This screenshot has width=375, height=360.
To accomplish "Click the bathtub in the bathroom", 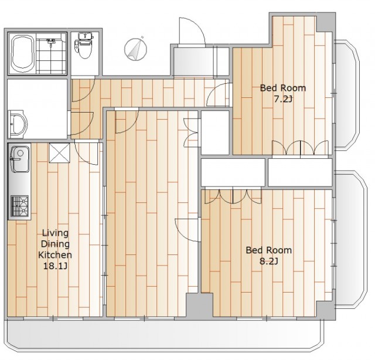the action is click(x=22, y=53).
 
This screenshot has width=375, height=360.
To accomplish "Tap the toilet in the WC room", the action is click(x=84, y=48).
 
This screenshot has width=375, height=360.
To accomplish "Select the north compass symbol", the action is click(x=135, y=49).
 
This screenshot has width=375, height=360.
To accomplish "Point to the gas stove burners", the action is click(x=19, y=206).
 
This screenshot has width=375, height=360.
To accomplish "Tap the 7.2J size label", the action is click(x=282, y=99).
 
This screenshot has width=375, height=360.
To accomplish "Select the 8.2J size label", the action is click(x=268, y=261).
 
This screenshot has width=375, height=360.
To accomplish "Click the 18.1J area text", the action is click(x=55, y=266).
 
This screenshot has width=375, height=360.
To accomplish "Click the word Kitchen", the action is click(x=55, y=254).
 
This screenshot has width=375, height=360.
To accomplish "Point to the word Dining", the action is click(x=55, y=244).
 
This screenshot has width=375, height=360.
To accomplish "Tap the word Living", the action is click(x=55, y=233).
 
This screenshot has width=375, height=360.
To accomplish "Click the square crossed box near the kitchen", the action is click(x=59, y=153).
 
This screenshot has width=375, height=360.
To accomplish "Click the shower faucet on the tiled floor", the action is click(x=50, y=42).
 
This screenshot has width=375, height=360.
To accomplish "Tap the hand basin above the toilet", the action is click(x=84, y=36).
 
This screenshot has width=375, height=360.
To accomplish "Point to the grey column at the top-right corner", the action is click(x=326, y=22).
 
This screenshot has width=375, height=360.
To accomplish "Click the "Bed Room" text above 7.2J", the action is click(x=282, y=88).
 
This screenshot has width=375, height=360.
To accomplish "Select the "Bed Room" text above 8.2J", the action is click(x=268, y=250).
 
